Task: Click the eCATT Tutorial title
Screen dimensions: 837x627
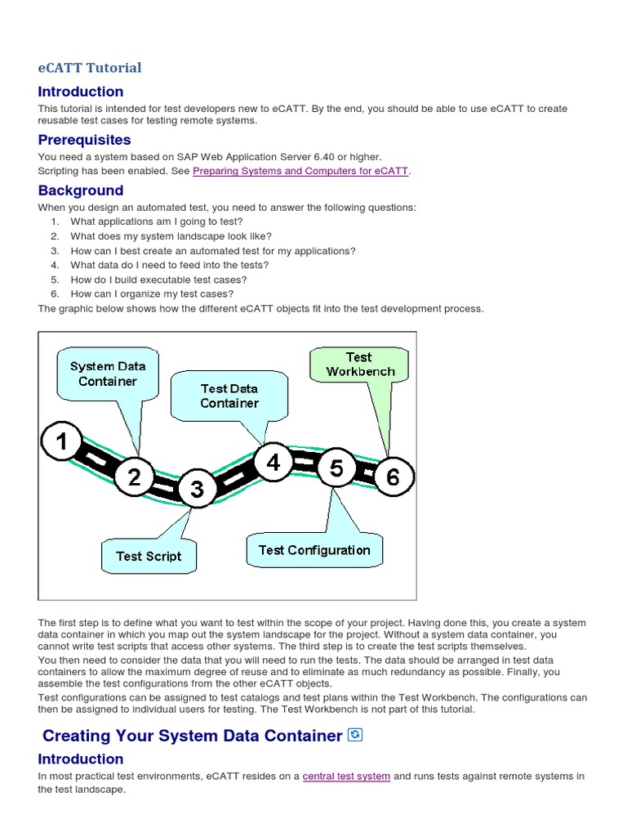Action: coord(90,68)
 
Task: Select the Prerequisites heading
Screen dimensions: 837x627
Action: coord(84,140)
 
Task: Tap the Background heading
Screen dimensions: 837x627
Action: coord(81,190)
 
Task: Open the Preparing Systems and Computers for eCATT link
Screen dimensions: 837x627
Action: coord(300,171)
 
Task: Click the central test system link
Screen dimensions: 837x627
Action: coord(346,776)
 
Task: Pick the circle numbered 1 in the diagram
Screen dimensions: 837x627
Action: coord(62,443)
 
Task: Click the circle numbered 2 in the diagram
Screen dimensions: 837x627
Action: coord(134,477)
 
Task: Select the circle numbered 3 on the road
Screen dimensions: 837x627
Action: coord(197,489)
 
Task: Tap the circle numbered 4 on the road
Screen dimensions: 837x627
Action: coord(273,463)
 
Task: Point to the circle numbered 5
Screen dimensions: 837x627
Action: coord(336,468)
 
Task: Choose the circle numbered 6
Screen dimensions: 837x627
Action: coord(394,477)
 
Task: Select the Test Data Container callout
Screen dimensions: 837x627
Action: coord(229,396)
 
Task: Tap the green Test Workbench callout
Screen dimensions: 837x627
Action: coord(359,365)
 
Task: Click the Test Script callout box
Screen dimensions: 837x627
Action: coord(149,556)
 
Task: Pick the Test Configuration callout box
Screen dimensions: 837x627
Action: coord(314,550)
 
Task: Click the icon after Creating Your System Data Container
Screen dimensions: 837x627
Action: coord(354,735)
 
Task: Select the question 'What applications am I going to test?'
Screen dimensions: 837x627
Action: coord(157,222)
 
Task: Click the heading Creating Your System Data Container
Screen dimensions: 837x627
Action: coord(192,736)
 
